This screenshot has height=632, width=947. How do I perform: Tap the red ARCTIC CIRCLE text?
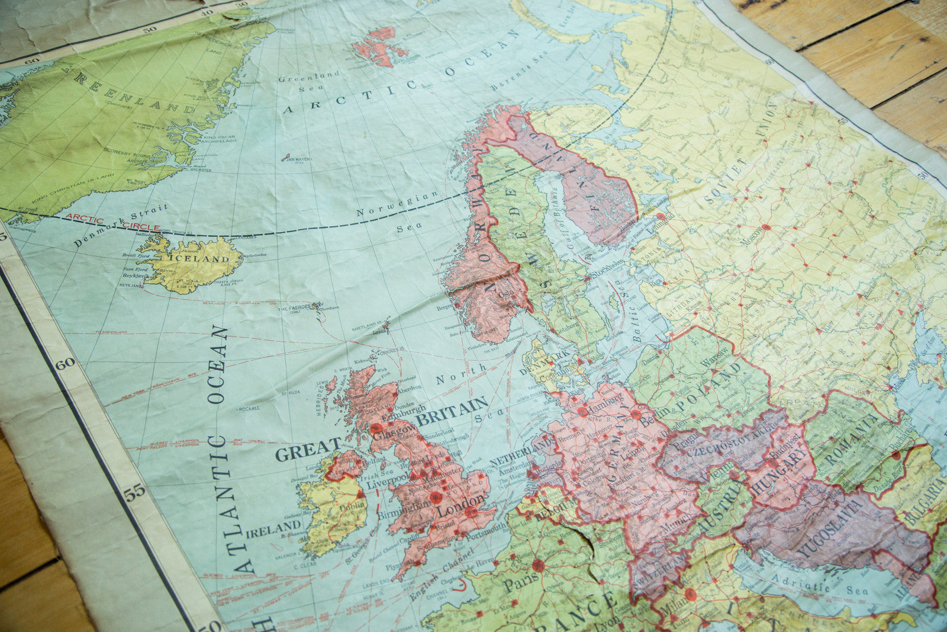pyautogui.click(x=112, y=222)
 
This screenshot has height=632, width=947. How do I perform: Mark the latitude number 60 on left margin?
pyautogui.click(x=65, y=362)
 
